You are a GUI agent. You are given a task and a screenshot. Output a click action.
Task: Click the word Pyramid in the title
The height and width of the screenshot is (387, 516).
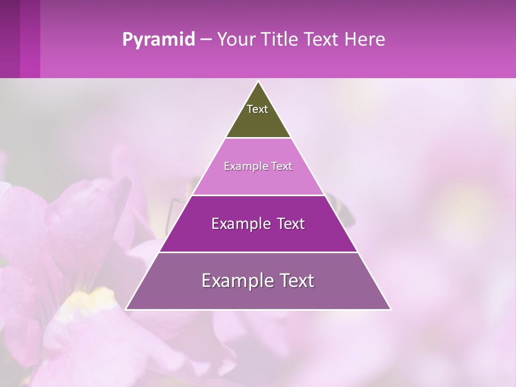click(x=158, y=40)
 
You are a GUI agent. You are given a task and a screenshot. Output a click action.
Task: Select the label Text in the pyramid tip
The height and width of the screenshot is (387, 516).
click(x=257, y=109)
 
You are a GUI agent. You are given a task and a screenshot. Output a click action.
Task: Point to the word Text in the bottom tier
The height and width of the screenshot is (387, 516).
click(x=294, y=281)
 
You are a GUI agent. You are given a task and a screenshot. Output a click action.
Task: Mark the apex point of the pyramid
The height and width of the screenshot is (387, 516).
click(x=258, y=82)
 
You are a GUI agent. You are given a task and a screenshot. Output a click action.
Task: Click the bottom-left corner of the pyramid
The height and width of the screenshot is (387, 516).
click(x=126, y=309)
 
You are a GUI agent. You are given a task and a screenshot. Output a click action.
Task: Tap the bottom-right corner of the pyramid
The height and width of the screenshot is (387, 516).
click(x=390, y=309)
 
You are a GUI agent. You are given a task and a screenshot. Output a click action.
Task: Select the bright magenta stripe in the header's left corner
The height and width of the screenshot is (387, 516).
click(x=30, y=39)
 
